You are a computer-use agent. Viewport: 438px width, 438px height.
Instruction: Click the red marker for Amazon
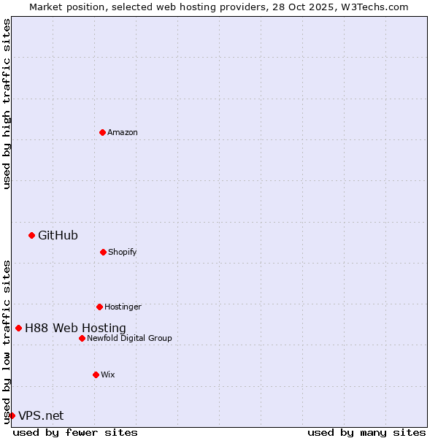102,132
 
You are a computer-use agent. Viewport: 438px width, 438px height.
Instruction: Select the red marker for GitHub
31,235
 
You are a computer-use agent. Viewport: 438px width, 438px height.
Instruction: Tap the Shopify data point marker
103,252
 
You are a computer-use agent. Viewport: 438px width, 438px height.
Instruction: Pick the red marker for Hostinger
99,307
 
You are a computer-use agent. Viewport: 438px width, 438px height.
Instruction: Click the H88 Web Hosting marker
18,328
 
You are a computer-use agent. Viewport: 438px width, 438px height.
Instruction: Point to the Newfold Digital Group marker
82,338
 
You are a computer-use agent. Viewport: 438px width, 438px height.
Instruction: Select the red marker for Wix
96,374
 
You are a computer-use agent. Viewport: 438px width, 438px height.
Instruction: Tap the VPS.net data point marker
12,415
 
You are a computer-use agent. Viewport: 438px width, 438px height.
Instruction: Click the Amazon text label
123,132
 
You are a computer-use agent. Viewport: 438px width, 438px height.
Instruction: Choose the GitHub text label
58,235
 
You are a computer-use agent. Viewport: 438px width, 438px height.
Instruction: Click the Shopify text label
122,252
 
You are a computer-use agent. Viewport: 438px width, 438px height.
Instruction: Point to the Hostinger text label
123,307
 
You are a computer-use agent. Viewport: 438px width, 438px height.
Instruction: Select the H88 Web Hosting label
75,328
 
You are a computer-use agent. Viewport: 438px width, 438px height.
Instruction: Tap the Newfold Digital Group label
129,338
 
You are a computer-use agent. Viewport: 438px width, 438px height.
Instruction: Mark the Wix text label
108,374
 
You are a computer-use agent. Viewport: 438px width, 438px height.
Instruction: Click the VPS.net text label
41,415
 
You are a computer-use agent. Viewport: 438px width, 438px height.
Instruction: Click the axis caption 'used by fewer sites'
75,432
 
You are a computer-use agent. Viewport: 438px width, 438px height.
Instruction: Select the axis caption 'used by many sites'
366,432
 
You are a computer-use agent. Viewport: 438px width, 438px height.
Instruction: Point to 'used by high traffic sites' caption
7,104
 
